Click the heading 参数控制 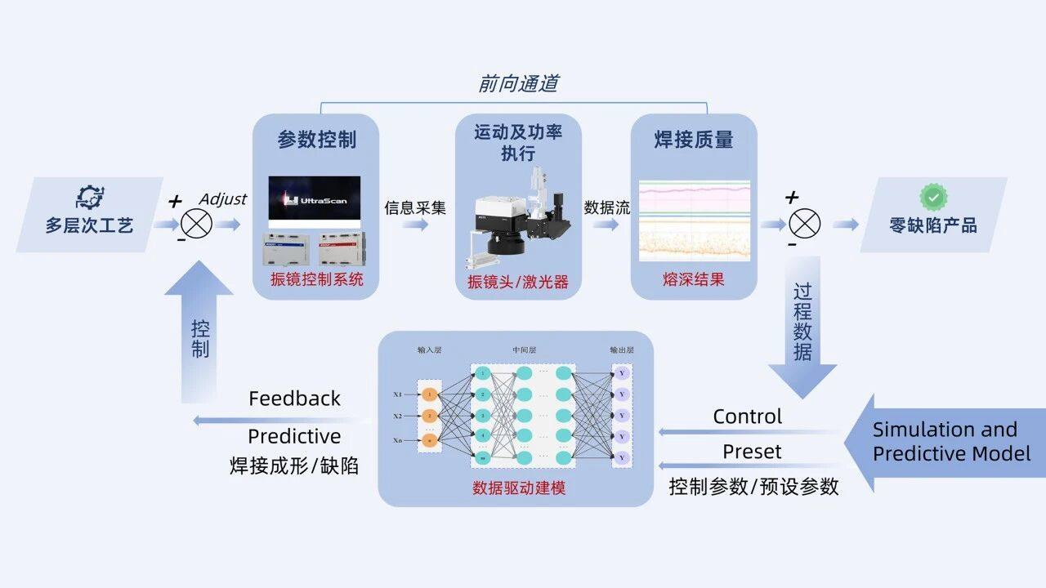click(x=317, y=140)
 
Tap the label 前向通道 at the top click(x=518, y=83)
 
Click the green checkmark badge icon click(x=933, y=198)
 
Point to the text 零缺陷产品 click(x=933, y=225)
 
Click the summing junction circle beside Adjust click(x=196, y=222)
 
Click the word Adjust click(x=222, y=199)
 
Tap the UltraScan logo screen click(x=315, y=200)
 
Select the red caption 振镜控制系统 click(x=317, y=280)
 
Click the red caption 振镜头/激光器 click(x=518, y=283)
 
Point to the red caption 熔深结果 click(x=694, y=280)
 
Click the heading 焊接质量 click(x=694, y=140)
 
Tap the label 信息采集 click(x=415, y=207)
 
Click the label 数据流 click(x=607, y=207)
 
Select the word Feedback click(x=294, y=399)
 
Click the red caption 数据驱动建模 click(x=519, y=488)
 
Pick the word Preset click(x=752, y=452)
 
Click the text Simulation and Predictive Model click(x=951, y=442)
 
